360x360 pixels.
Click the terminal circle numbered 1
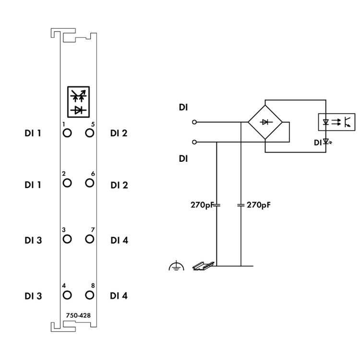[x=67, y=132]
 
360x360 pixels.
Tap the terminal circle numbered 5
[x=89, y=132]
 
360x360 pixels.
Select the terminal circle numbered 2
[x=67, y=182]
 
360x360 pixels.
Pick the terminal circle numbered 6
[x=89, y=182]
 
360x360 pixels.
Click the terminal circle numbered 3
[x=67, y=239]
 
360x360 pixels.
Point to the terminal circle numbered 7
[x=89, y=239]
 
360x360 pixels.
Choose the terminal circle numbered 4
[x=67, y=294]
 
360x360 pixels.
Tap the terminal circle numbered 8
[x=89, y=294]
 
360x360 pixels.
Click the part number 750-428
[x=78, y=315]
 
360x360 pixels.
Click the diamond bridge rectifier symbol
[x=265, y=122]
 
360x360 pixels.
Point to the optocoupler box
[x=337, y=122]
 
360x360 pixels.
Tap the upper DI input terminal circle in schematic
[x=194, y=122]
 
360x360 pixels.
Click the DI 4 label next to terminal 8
[x=119, y=296]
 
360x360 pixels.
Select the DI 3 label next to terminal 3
[x=33, y=240]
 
